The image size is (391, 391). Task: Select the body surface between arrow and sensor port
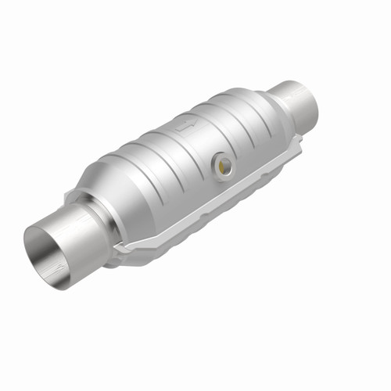pos(205,145)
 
